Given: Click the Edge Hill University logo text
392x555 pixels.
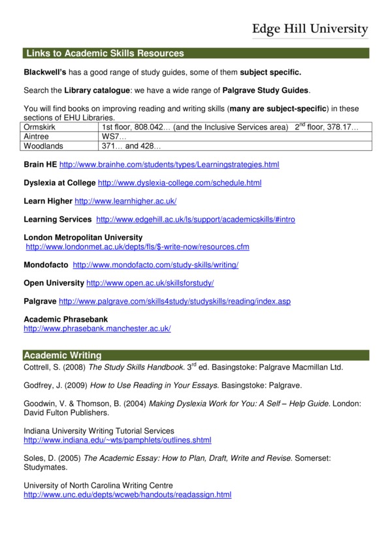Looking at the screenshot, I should (310, 29).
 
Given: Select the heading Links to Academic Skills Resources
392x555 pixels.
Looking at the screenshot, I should (105, 54).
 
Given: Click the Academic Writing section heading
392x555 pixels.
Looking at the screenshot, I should (63, 356).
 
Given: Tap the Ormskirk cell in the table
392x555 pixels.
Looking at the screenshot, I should (40, 126).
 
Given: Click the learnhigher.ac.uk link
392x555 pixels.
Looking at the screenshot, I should (125, 201).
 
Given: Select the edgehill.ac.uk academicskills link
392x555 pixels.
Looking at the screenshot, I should (195, 220).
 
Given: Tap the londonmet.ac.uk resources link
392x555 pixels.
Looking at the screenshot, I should (137, 247).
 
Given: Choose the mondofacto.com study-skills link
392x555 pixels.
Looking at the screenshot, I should (155, 265).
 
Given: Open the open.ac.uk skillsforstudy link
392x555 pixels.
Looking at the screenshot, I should (150, 283).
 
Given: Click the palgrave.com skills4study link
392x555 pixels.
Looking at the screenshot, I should (174, 301).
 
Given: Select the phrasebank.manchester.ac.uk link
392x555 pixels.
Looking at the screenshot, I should (97, 329).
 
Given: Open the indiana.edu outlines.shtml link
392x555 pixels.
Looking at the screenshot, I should (117, 441).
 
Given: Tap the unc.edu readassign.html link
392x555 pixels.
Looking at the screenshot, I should (127, 495).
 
